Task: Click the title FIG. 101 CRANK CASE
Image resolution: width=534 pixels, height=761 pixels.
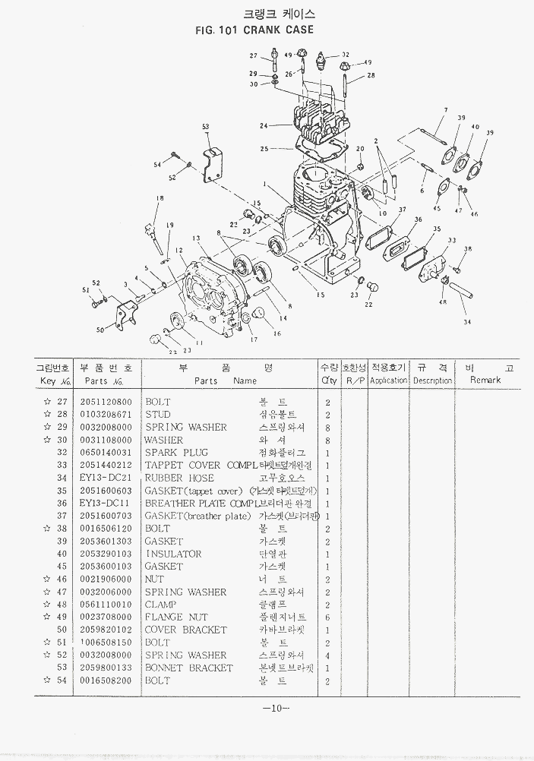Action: (x=254, y=30)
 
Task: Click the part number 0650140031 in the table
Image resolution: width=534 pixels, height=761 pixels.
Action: (x=106, y=452)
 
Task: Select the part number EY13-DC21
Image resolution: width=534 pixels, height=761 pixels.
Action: (x=106, y=478)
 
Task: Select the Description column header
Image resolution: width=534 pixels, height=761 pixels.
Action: (x=432, y=380)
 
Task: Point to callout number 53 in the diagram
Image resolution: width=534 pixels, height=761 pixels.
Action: (x=205, y=126)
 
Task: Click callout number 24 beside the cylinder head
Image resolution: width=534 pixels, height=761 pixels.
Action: (x=264, y=125)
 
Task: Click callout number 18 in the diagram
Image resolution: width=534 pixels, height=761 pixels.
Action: (x=160, y=198)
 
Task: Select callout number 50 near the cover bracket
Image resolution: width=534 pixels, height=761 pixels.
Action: (x=100, y=330)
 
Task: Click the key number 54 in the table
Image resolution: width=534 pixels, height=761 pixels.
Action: (x=62, y=680)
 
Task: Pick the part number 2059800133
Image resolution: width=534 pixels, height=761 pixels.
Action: (x=106, y=668)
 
